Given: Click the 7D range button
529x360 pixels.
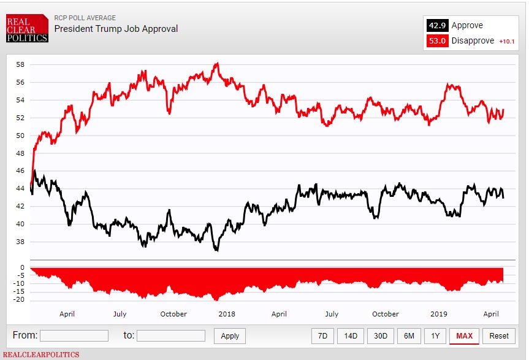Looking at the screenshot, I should [323, 335].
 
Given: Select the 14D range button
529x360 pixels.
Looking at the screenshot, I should [350, 335].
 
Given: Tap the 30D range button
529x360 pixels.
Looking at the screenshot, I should [381, 335].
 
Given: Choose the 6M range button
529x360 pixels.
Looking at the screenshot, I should [409, 335].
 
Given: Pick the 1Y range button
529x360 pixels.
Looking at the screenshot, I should [435, 335].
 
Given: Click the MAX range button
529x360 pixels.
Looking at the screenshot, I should [464, 335].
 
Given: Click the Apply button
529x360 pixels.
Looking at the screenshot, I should [230, 335].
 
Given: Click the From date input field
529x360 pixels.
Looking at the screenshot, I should [74, 335].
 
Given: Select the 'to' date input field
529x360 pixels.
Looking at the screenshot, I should [171, 335].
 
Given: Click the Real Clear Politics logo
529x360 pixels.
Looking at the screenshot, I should [26, 29].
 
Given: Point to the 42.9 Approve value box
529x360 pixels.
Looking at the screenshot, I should [436, 26].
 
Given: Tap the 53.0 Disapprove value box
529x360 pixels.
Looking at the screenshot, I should [436, 40].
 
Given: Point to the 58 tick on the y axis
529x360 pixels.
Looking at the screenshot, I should [20, 64].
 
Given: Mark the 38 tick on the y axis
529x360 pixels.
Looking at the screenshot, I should [20, 242].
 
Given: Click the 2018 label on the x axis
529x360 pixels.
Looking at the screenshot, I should [227, 314].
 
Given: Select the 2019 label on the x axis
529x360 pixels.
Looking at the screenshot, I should [438, 314].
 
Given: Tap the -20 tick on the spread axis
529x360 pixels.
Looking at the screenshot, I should [18, 299].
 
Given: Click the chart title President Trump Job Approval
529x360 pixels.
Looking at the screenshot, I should [116, 28].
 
